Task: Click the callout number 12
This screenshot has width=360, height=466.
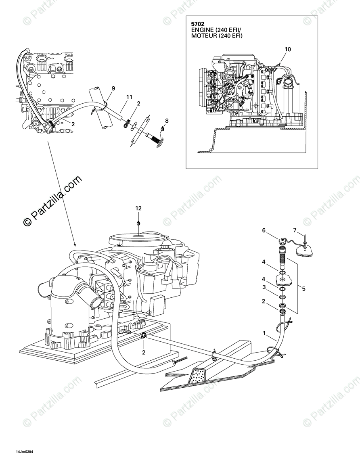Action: (138, 209)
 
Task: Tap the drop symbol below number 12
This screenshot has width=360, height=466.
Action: (138, 222)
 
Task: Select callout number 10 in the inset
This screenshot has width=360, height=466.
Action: (287, 50)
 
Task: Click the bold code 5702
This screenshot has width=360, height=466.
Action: (199, 24)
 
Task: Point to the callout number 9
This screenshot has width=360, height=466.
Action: (113, 88)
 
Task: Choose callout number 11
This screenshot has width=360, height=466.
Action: (129, 97)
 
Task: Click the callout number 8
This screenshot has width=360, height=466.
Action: (167, 120)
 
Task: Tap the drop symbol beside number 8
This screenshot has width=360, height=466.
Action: (163, 128)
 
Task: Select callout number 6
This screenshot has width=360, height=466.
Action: (264, 230)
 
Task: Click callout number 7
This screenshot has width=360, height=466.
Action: (295, 230)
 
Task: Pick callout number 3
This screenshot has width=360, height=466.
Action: (264, 287)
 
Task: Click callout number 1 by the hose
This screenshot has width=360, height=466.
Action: (264, 333)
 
